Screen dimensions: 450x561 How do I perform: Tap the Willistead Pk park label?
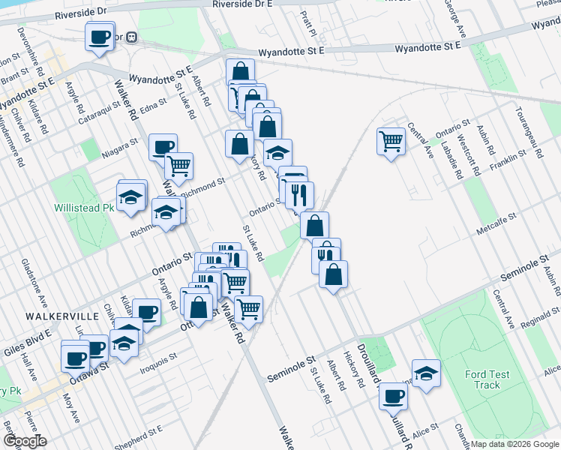point(83,207)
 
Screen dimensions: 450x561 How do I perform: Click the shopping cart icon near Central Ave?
point(391,139)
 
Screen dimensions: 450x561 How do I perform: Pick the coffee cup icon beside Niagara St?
point(162,145)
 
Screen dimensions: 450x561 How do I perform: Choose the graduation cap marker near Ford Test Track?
point(426,373)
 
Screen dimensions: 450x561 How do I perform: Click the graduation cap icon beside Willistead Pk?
point(132,195)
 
